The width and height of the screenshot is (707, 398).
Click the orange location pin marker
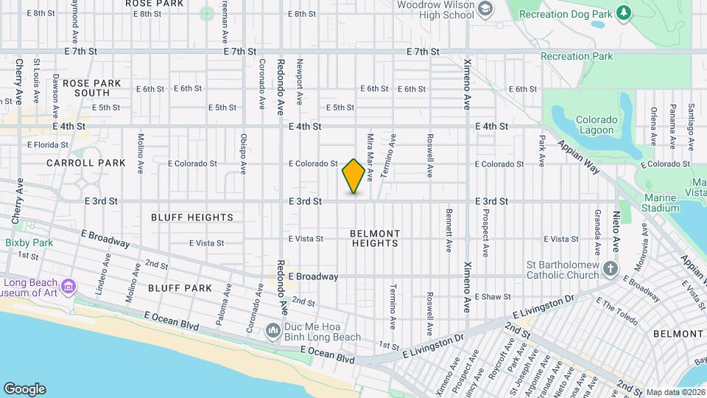pos(353,176)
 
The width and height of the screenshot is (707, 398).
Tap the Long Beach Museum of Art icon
pos(68,285)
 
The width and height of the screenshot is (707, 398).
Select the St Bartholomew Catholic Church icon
pos(611,268)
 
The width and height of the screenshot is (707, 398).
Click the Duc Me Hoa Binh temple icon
pos(272,330)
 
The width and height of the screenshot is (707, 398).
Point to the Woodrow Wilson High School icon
pos(485,10)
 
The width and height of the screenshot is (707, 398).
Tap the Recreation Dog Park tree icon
pos(624,13)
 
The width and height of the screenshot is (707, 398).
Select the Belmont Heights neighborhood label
pos(376,238)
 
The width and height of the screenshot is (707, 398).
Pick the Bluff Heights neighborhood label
pos(192,217)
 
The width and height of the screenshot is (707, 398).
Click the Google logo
pos(24,389)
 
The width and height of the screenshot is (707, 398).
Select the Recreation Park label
pos(577,56)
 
